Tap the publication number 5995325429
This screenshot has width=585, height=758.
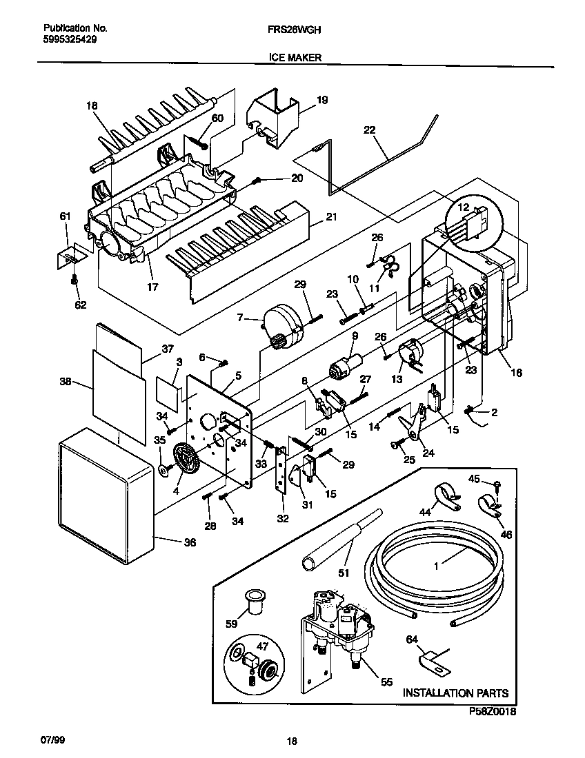[70, 41]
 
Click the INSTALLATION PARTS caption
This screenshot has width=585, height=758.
[455, 693]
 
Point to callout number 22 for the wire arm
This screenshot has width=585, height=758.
[370, 130]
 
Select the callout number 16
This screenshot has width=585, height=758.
[517, 373]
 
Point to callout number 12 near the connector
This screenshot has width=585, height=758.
[464, 207]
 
